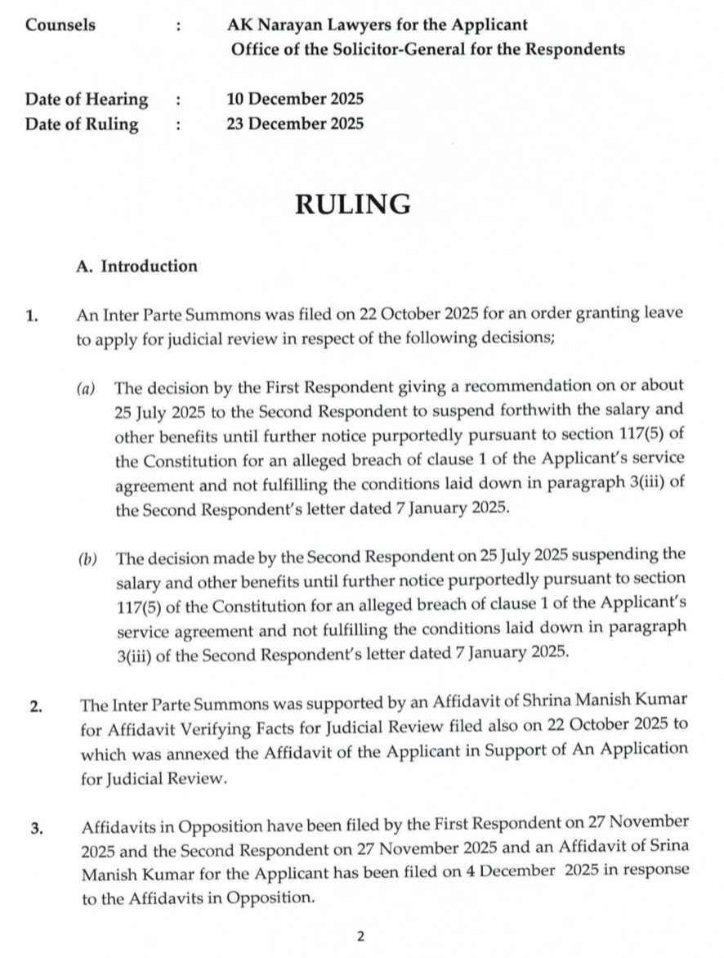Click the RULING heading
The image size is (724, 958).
[352, 204]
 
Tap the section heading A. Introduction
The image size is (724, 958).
[136, 266]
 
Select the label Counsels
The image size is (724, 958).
[60, 25]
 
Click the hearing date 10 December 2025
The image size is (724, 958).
[295, 100]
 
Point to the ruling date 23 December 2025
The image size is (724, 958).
[295, 124]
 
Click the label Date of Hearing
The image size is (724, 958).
[87, 100]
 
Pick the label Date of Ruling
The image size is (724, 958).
[82, 124]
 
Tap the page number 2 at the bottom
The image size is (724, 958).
[360, 937]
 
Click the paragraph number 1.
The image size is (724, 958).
[31, 316]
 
